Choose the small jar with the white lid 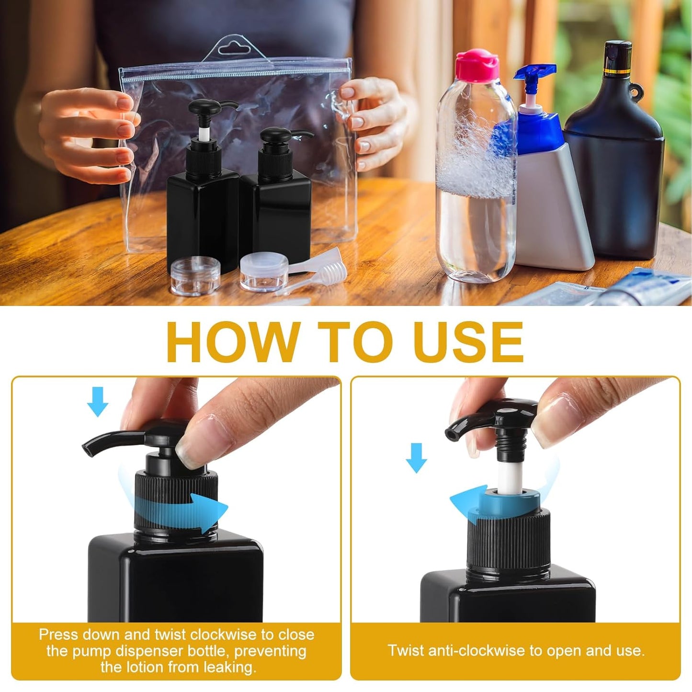pyautogui.click(x=264, y=271)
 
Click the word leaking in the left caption pyautogui.click(x=229, y=667)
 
